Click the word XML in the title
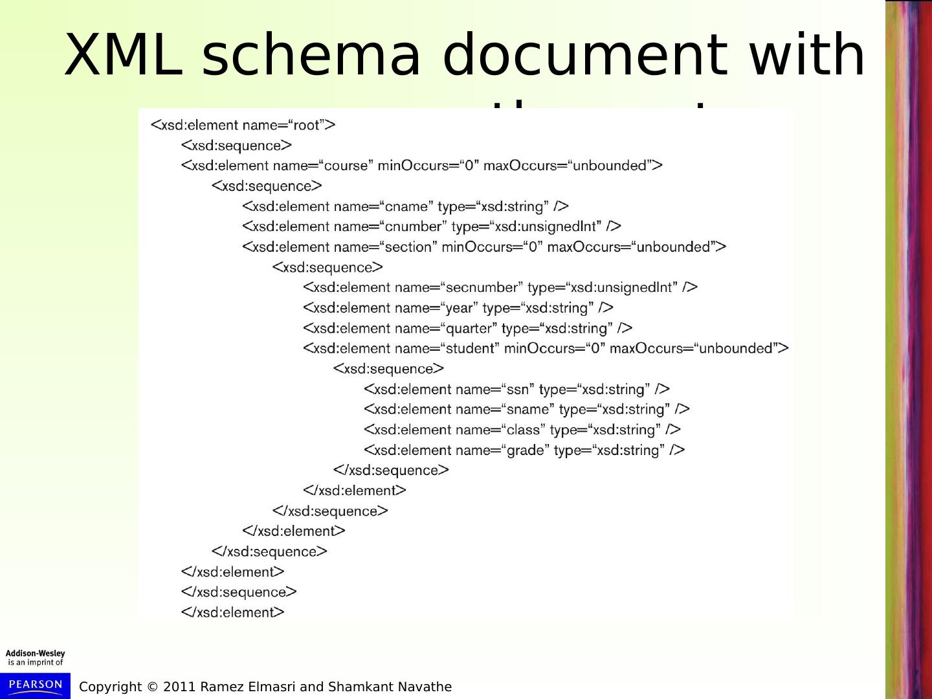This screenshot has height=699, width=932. coord(123,56)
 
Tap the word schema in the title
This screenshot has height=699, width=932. coord(311,56)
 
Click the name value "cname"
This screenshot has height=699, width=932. coord(407,206)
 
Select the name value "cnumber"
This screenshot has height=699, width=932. coord(414,227)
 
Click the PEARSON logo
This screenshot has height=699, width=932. coord(36,685)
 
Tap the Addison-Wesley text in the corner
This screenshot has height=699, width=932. coord(36,654)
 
